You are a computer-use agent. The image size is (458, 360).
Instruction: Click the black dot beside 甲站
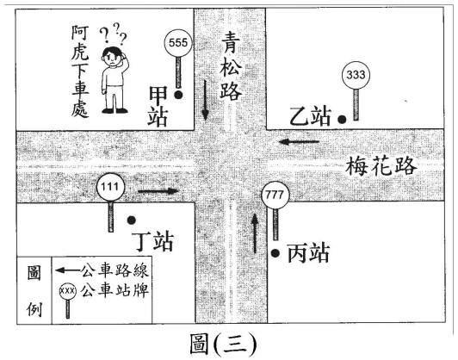tap(178, 95)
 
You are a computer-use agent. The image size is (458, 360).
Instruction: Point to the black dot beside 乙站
tap(342, 119)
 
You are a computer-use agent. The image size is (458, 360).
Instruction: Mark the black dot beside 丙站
tap(275, 253)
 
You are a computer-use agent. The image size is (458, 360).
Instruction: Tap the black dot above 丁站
tap(132, 220)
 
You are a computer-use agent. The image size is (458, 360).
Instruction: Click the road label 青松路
tap(231, 66)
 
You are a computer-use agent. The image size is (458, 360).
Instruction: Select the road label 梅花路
tap(381, 165)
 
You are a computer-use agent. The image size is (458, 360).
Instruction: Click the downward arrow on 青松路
tap(206, 100)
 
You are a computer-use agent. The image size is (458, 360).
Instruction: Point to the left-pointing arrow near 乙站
tap(299, 142)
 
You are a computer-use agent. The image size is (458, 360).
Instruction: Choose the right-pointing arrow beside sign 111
tap(158, 191)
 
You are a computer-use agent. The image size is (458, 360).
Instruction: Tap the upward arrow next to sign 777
tap(255, 233)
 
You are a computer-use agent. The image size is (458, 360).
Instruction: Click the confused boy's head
tap(113, 55)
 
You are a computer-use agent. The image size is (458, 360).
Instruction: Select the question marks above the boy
tap(114, 33)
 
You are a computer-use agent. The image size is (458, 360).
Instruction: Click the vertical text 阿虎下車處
tap(80, 71)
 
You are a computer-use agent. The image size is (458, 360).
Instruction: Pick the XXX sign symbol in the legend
tap(68, 301)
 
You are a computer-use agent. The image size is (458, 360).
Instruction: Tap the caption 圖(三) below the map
tap(223, 344)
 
